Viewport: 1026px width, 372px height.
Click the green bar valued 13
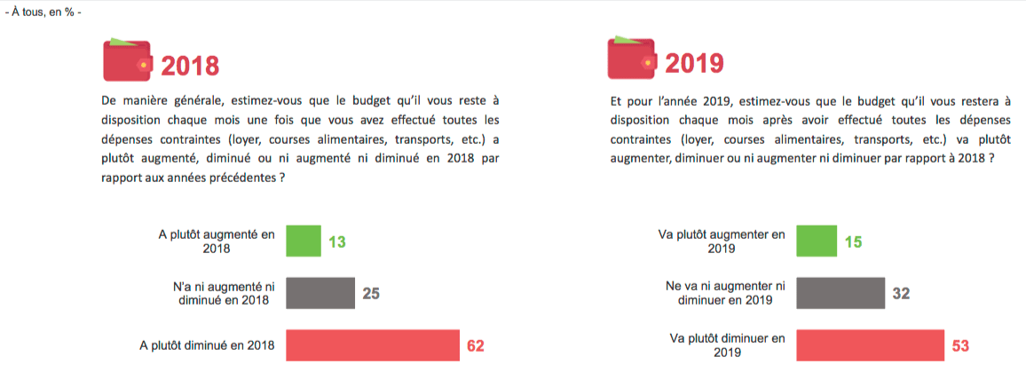click(x=303, y=241)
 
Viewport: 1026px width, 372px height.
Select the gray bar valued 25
click(x=320, y=293)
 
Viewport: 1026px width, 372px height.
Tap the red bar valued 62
click(x=370, y=344)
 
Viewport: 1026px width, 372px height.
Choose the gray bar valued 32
click(x=841, y=293)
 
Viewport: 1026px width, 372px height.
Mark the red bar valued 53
click(x=871, y=344)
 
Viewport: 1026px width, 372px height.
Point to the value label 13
click(x=336, y=241)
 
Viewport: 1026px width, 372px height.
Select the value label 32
click(x=901, y=293)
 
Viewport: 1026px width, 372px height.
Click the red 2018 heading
click(x=190, y=65)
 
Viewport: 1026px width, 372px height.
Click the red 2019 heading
click(x=694, y=63)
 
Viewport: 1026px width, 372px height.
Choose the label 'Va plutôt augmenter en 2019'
click(x=722, y=241)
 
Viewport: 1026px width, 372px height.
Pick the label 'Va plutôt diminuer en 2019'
click(x=725, y=344)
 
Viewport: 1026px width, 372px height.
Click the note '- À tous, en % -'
click(x=43, y=14)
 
